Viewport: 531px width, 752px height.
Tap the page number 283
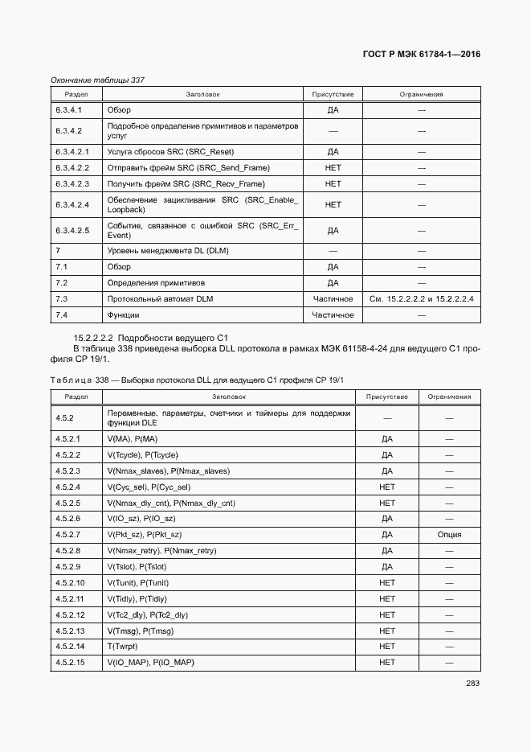coord(472,684)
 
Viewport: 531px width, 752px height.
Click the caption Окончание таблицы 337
coord(97,80)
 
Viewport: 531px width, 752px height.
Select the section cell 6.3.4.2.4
coord(72,204)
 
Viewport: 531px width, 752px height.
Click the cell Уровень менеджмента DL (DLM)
coord(168,251)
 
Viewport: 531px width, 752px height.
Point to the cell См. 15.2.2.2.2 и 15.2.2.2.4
coord(421,299)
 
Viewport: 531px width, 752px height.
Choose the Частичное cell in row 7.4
coord(333,315)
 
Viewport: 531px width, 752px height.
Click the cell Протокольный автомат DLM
coord(161,299)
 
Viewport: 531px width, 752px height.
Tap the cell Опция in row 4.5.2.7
coord(449,535)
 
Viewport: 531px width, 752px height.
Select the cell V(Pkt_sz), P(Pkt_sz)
coord(145,535)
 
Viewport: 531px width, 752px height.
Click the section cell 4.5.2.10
coord(70,583)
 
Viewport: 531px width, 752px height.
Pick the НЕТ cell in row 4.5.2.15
coord(387,663)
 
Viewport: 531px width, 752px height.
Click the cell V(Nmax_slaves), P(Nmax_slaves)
coord(169,471)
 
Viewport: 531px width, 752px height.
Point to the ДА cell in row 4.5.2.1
coord(387,439)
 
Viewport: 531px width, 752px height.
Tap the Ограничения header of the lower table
coord(449,397)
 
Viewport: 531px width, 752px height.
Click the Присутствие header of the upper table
coord(333,95)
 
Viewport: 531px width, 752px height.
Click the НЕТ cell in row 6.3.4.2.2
coord(333,167)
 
